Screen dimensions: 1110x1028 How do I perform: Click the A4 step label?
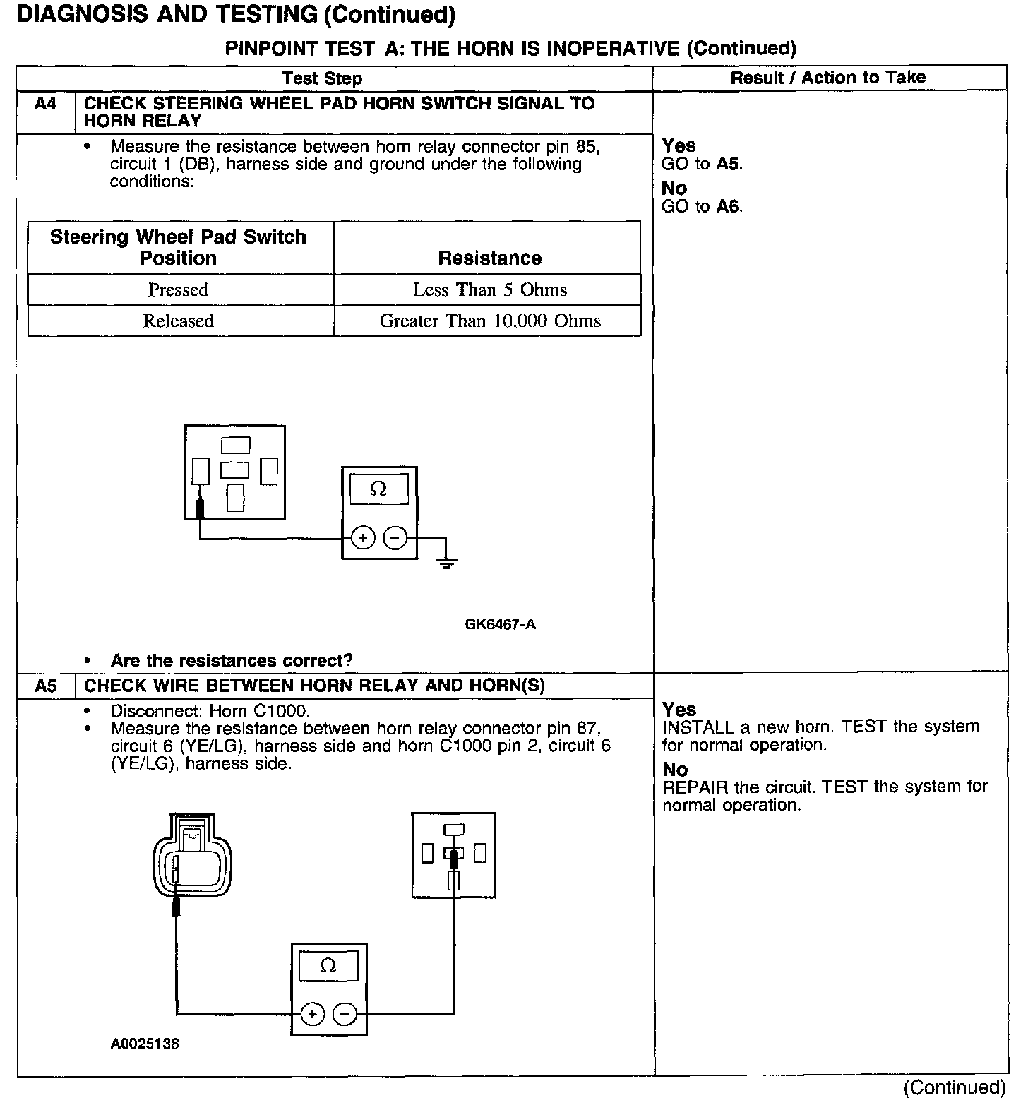point(45,105)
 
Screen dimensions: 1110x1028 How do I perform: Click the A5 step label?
point(45,686)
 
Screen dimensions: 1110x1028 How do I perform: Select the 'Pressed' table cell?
point(178,290)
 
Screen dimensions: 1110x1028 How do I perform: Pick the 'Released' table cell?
point(178,321)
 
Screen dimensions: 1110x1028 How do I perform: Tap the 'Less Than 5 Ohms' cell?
point(489,290)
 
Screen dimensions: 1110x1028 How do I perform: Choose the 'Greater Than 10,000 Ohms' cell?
point(489,321)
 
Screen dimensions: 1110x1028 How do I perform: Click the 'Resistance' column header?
point(489,258)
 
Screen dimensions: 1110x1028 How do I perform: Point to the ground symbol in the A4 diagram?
point(446,562)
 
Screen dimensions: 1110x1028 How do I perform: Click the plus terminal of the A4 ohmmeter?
point(363,539)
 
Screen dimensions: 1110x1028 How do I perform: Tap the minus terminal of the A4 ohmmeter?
point(395,539)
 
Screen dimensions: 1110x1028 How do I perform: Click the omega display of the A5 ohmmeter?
point(328,965)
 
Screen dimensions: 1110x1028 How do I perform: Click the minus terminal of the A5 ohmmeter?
point(345,1015)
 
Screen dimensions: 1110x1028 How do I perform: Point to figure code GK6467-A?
point(500,624)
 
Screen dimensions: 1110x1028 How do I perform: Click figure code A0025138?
point(145,1044)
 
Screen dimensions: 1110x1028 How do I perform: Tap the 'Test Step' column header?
point(322,78)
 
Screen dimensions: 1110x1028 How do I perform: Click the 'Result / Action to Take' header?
point(827,78)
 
